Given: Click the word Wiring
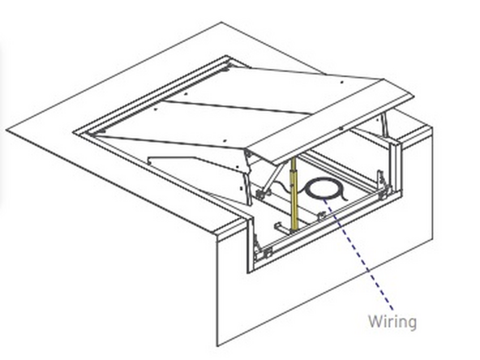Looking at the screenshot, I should point(391,321).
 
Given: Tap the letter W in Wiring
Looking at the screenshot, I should point(375,321).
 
